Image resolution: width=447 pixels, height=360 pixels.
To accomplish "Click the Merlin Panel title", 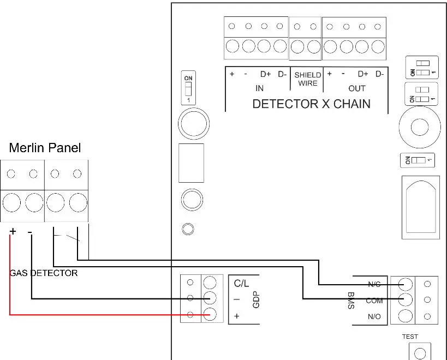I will [45, 148].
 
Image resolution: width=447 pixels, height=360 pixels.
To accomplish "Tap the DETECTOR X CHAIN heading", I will [311, 104].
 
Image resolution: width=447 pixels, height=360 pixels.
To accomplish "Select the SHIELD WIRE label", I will [308, 79].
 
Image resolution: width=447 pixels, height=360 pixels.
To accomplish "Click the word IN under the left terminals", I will [259, 88].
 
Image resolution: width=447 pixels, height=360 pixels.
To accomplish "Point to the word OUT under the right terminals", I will [357, 88].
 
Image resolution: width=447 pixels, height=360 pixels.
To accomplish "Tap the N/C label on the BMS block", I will [374, 285].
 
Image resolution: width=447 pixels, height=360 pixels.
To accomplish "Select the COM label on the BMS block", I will [374, 301].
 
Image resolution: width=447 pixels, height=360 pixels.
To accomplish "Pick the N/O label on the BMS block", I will [374, 316].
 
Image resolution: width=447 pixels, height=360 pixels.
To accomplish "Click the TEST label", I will [410, 337].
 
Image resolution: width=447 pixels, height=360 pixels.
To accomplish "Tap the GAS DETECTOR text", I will [44, 273].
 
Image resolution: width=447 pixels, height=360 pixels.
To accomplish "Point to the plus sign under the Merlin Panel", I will [13, 232].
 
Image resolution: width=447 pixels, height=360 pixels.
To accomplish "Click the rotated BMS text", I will [351, 301].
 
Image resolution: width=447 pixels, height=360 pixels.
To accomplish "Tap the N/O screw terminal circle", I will [404, 316].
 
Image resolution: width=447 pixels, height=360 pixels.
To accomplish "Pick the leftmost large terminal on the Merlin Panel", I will [11, 203].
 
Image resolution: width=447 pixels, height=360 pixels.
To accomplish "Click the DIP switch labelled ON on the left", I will [188, 87].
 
